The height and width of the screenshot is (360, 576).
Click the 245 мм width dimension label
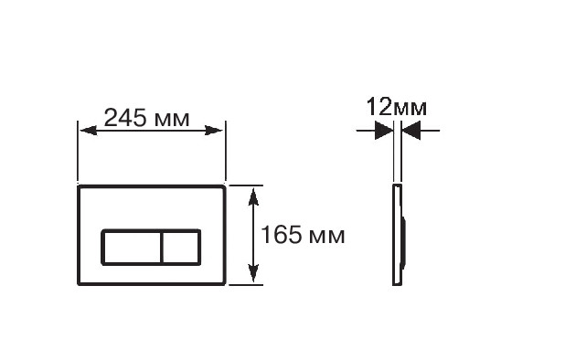tap(146, 118)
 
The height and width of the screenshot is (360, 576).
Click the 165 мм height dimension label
tap(303, 235)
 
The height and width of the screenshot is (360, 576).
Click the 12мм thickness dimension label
tap(397, 107)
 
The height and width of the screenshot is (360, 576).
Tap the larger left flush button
tap(132, 247)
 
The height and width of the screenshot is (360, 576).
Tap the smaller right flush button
tap(181, 247)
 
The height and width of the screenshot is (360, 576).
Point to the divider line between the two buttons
tap(162, 247)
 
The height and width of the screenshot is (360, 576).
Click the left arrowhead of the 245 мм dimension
tap(89, 131)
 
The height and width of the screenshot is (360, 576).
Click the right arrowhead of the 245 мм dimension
tap(214, 131)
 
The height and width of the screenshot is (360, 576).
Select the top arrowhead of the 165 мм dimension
tap(253, 197)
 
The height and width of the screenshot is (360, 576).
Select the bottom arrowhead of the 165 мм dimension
tap(253, 273)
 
